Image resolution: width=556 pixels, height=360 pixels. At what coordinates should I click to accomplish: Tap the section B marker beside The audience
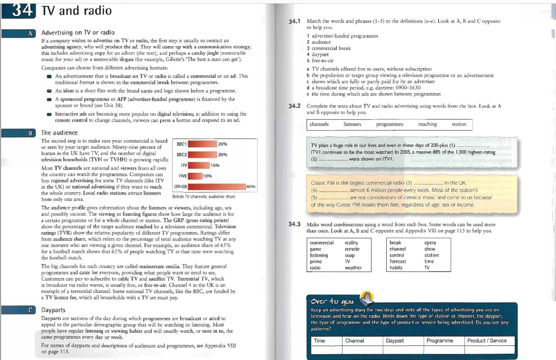tap(29, 133)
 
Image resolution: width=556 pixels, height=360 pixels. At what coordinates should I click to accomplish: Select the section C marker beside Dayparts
tap(29, 310)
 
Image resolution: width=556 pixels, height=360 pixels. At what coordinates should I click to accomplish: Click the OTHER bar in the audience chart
tap(216, 187)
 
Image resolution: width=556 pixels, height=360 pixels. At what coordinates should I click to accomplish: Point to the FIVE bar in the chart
tap(195, 176)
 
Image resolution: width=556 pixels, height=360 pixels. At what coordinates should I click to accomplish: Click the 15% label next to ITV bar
tap(215, 165)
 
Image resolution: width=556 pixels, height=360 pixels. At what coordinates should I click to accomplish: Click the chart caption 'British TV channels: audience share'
tap(203, 196)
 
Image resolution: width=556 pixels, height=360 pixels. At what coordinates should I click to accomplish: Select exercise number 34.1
tap(295, 20)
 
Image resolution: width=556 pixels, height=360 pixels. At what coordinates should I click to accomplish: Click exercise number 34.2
tap(295, 106)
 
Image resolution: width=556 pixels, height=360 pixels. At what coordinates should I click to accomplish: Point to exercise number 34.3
tap(295, 224)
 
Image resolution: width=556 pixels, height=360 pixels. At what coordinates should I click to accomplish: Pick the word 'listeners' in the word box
tap(352, 124)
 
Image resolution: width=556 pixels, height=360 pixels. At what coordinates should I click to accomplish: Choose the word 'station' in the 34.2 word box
tap(459, 124)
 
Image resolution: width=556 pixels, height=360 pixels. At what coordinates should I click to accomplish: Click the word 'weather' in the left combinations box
tap(353, 268)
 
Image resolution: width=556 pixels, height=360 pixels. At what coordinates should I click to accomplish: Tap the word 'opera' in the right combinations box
tap(430, 243)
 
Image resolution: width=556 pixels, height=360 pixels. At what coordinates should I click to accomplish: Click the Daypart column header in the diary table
tap(395, 340)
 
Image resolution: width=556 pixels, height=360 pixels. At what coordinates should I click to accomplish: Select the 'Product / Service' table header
tap(487, 340)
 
